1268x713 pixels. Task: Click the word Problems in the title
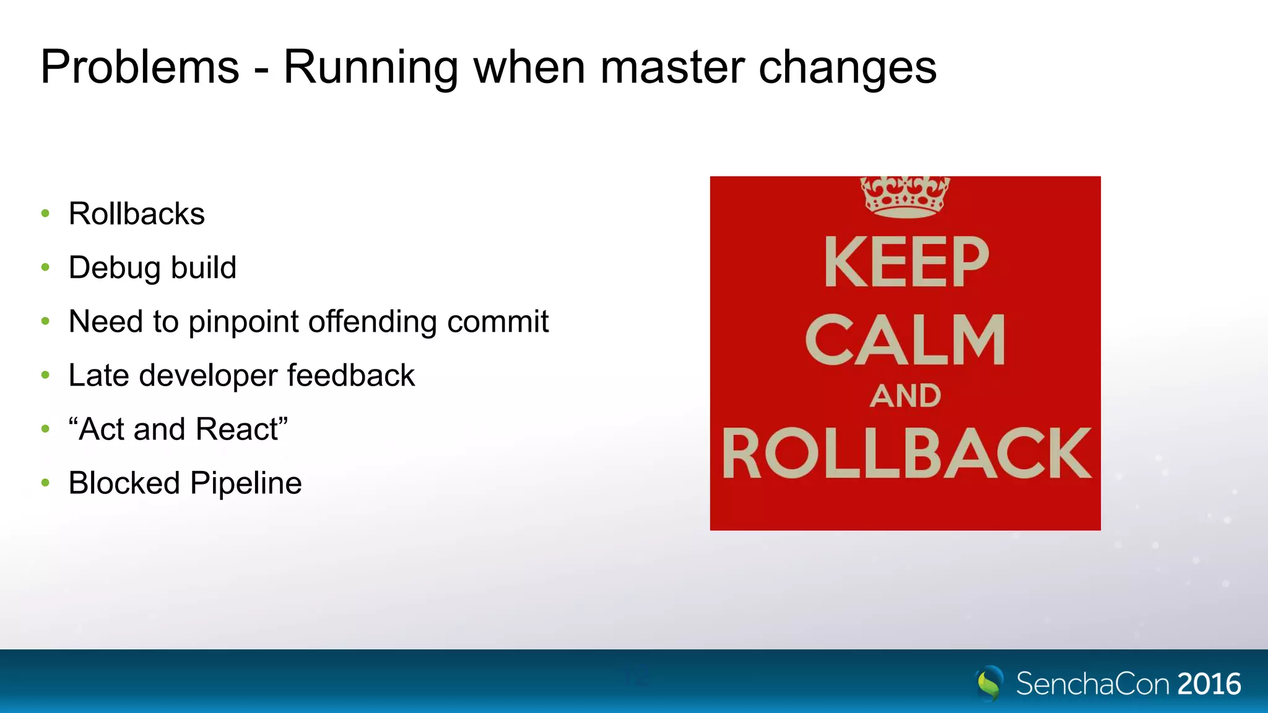140,67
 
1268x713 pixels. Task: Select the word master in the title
672,67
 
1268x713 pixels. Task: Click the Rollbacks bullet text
136,214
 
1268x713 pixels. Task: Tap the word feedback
350,376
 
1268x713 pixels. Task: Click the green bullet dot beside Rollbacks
45,214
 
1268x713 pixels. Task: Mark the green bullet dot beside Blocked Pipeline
45,483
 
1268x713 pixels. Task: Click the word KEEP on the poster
906,262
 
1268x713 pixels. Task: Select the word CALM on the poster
905,340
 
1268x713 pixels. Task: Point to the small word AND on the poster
905,396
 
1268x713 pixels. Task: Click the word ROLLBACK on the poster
906,453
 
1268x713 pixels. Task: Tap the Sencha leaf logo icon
989,683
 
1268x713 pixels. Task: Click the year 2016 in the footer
1209,684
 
